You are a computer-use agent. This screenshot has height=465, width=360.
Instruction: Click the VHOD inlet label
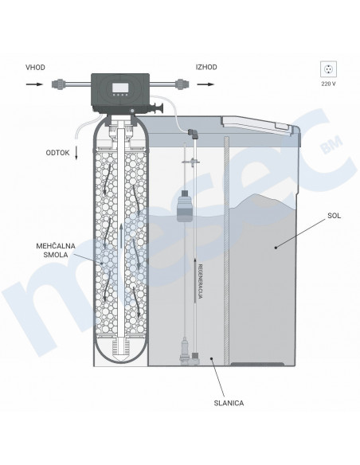click(x=35, y=68)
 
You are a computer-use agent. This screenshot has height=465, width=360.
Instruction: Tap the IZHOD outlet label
click(x=206, y=67)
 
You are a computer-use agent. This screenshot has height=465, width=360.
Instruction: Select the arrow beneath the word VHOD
click(x=34, y=84)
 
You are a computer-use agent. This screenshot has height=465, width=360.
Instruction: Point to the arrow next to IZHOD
click(x=205, y=84)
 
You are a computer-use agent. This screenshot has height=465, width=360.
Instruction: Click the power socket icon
click(x=329, y=69)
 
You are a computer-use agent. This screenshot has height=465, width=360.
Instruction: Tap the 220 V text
click(x=329, y=84)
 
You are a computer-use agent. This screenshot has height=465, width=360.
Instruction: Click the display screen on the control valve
click(x=120, y=88)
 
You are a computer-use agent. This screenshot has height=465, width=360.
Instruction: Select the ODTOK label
click(x=57, y=153)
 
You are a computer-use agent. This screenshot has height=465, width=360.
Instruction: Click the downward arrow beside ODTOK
click(x=76, y=152)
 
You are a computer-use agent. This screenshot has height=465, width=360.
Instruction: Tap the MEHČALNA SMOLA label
click(x=56, y=250)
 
